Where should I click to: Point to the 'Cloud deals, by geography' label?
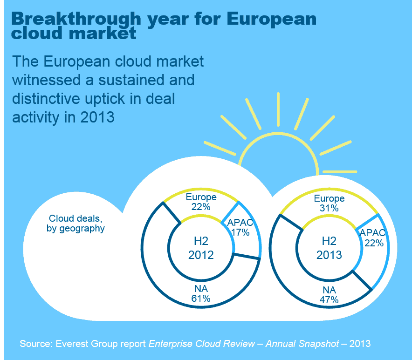[x=76, y=224]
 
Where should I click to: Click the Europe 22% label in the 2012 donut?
[x=201, y=201]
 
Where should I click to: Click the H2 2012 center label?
[x=201, y=248]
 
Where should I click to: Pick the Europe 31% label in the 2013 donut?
[x=329, y=204]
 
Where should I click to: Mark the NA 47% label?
[x=329, y=295]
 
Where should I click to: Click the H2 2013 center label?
[x=329, y=248]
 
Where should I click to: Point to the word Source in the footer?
[x=35, y=344]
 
